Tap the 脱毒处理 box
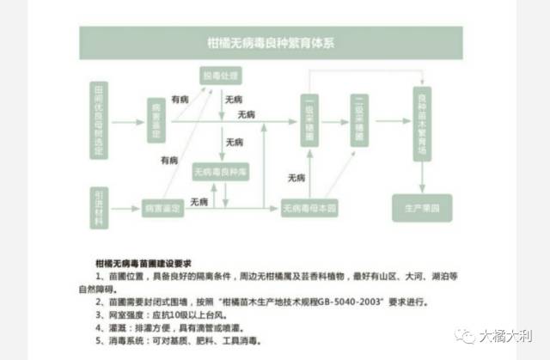218,75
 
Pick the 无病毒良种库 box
221,173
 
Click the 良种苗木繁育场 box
421,120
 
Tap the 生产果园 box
421,207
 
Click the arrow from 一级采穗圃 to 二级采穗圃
336,121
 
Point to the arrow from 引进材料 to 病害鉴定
125,207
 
